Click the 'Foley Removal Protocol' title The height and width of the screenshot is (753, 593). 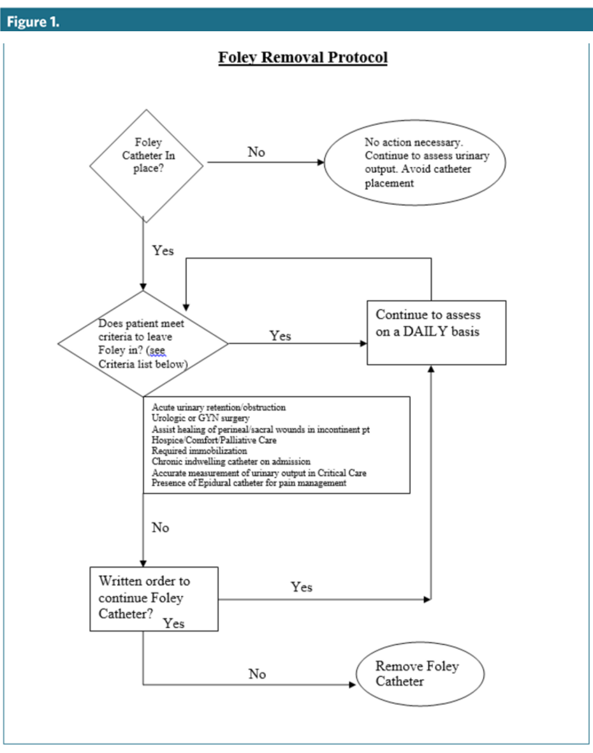point(302,58)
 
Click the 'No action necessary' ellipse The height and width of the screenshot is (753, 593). point(415,163)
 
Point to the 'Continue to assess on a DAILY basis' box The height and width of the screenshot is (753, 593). point(436,332)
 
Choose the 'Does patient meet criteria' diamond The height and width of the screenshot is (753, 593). point(142,344)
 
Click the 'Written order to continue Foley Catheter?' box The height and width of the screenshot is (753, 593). point(154,599)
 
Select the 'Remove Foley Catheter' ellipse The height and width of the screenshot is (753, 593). point(419,674)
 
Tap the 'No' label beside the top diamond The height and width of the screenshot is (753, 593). point(256,152)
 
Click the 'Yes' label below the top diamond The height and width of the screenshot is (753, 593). point(163,251)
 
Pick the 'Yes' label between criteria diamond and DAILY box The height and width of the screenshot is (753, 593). point(280,336)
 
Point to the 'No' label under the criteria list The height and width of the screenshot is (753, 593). point(161,528)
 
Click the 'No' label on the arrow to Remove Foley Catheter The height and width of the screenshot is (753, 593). point(257,674)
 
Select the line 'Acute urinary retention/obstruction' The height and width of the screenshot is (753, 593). point(219,407)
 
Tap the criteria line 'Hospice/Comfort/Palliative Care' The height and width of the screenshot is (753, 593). point(214,440)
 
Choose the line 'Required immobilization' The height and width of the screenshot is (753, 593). point(199,451)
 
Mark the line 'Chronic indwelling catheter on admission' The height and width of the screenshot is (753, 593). point(231,461)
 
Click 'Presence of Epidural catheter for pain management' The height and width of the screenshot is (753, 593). point(249,483)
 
